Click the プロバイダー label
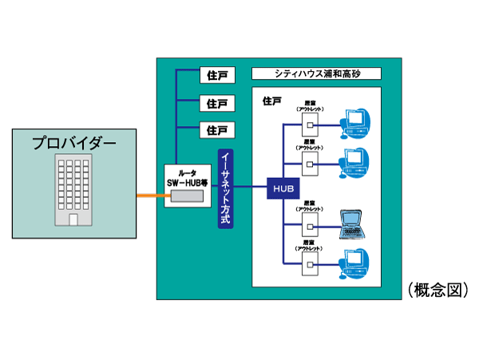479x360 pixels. (74, 144)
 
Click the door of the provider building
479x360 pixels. (74, 219)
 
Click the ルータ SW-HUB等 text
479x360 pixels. (187, 176)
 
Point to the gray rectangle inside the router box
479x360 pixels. (187, 195)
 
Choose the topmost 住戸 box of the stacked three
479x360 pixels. (216, 76)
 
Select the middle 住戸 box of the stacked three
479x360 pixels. (216, 103)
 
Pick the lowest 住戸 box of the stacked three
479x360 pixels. (216, 129)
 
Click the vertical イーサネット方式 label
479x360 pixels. (225, 188)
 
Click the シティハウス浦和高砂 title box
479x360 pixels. (316, 74)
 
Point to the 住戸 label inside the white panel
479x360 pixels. (271, 101)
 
